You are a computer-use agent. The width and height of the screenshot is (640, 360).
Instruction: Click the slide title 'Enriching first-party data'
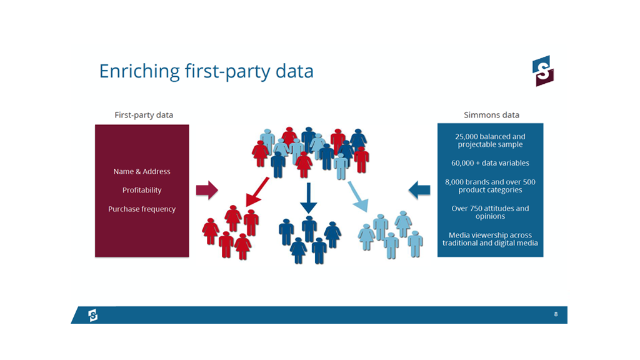pyautogui.click(x=206, y=71)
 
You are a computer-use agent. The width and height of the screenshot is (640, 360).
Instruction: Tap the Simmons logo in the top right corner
pyautogui.click(x=543, y=71)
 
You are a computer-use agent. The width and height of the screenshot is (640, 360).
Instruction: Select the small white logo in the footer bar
pyautogui.click(x=93, y=315)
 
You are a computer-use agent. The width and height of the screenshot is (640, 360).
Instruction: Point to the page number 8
pyautogui.click(x=556, y=314)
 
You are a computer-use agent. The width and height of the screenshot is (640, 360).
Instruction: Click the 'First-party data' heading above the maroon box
pyautogui.click(x=144, y=115)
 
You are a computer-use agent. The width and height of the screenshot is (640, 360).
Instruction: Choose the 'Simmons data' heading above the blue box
pyautogui.click(x=491, y=115)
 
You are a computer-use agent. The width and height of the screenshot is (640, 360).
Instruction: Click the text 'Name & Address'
pyautogui.click(x=142, y=171)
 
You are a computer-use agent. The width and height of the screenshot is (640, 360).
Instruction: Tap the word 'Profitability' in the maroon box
pyautogui.click(x=142, y=190)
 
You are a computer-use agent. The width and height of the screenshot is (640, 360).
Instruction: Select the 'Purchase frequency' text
pyautogui.click(x=142, y=209)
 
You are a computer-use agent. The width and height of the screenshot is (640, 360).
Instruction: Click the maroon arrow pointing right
pyautogui.click(x=207, y=190)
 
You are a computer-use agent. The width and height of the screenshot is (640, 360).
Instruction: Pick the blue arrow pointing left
pyautogui.click(x=419, y=190)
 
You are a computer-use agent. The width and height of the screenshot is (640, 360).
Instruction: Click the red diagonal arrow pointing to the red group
pyautogui.click(x=257, y=192)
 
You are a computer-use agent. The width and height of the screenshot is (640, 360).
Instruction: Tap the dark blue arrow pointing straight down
pyautogui.click(x=309, y=198)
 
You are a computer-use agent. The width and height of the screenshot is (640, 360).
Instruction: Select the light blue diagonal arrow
pyautogui.click(x=358, y=197)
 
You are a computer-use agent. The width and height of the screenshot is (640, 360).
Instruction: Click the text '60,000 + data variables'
pyautogui.click(x=490, y=163)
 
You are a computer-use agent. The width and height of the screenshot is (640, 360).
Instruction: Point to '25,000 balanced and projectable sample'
pyautogui.click(x=490, y=141)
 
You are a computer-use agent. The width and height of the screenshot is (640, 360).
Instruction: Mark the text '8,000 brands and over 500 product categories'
pyautogui.click(x=490, y=186)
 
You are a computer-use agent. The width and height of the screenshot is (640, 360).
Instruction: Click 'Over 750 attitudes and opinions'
pyautogui.click(x=490, y=212)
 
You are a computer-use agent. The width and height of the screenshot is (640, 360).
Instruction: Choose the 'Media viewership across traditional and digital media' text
pyautogui.click(x=490, y=239)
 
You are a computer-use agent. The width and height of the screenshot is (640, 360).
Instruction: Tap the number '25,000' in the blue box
pyautogui.click(x=466, y=137)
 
